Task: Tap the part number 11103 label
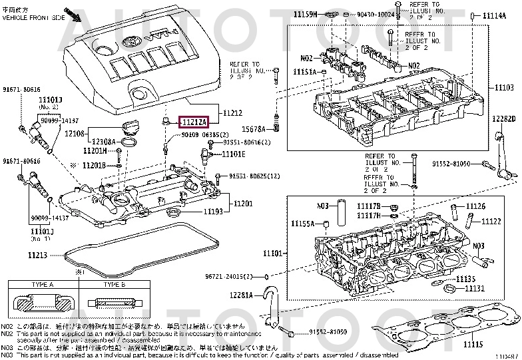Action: tap(504, 88)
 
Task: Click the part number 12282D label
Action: tap(505, 118)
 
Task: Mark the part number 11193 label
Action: tap(213, 212)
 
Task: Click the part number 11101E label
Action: tap(233, 154)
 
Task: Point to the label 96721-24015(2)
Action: tap(230, 276)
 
